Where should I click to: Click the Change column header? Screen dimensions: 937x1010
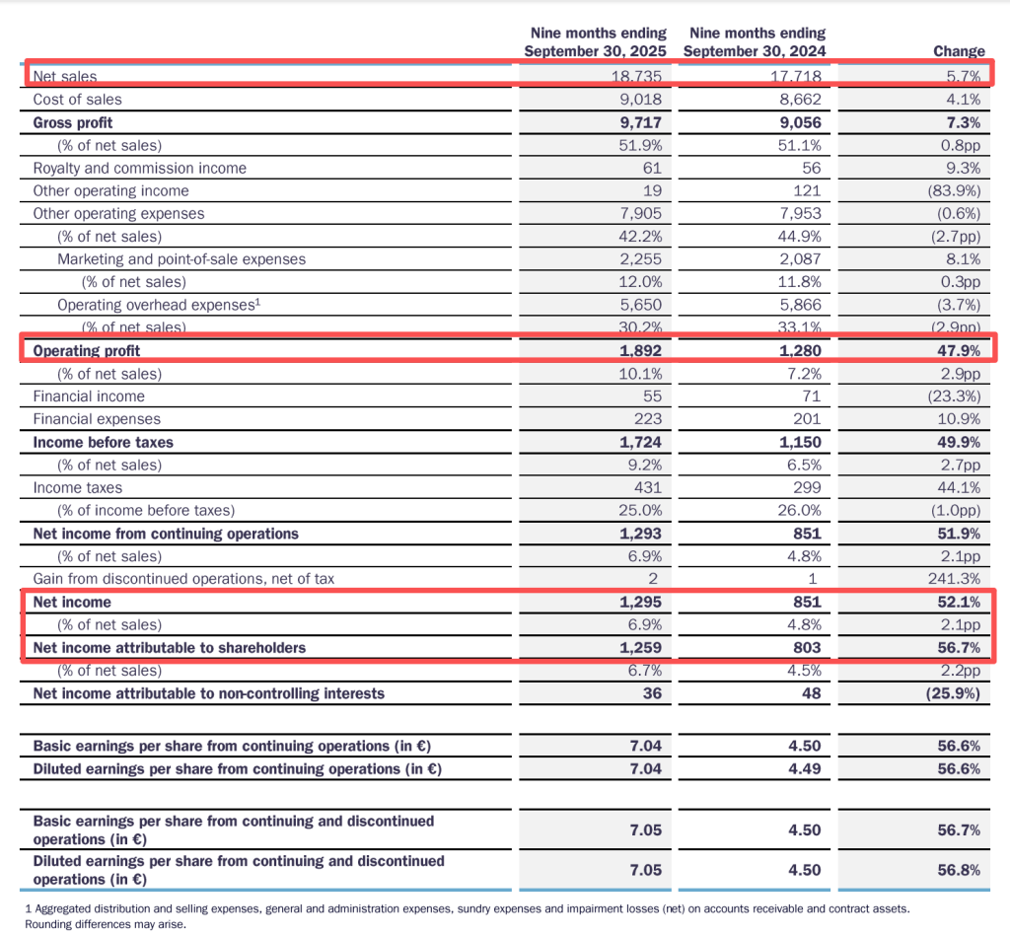(x=959, y=51)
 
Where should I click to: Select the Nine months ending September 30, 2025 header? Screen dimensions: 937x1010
(x=595, y=42)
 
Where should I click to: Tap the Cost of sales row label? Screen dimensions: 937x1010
(x=78, y=100)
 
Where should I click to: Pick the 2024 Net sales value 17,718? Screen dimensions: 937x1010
(x=794, y=76)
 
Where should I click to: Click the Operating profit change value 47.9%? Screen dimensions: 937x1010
(x=958, y=351)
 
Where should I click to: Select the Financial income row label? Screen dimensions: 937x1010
(x=89, y=396)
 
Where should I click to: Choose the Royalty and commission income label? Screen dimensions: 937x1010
(x=140, y=169)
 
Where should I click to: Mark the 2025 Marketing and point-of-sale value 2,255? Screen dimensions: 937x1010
(x=641, y=259)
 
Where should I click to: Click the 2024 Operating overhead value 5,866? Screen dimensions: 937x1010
(x=800, y=306)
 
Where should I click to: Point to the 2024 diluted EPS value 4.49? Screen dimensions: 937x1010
(x=804, y=769)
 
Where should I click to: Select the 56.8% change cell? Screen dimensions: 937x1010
(x=958, y=870)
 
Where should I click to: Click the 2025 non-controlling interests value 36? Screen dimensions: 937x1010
(x=651, y=693)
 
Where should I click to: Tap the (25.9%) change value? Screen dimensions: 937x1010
(x=952, y=693)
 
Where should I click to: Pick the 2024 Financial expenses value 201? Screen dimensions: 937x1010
(x=805, y=419)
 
